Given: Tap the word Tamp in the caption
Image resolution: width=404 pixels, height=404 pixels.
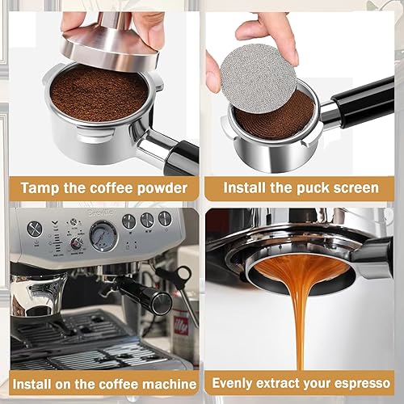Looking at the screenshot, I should coord(41,188).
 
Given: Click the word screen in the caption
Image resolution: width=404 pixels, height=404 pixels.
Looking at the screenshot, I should coord(346,188).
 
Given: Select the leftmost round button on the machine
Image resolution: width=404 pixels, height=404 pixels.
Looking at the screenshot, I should coord(35,229).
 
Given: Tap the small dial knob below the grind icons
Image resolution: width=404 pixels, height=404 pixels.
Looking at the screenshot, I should coord(76,243).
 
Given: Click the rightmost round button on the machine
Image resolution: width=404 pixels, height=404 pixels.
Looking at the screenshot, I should coord(165,218).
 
